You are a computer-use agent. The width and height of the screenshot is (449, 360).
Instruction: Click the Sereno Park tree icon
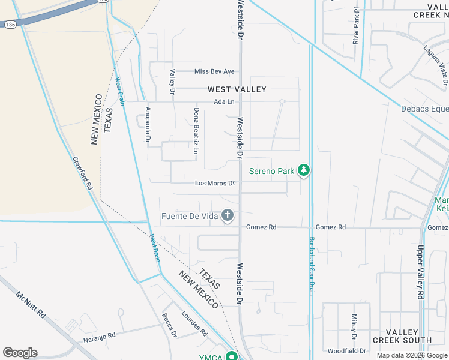pyautogui.click(x=304, y=171)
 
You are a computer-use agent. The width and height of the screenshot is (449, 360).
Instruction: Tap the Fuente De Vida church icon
pyautogui.click(x=228, y=215)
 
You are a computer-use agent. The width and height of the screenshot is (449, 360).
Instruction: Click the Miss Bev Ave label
pyautogui.click(x=214, y=71)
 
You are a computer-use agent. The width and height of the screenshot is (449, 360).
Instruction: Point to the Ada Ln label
pyautogui.click(x=224, y=101)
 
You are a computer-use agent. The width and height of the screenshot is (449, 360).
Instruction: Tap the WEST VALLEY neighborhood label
pyautogui.click(x=237, y=89)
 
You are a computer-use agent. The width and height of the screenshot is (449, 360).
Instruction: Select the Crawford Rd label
pyautogui.click(x=82, y=173)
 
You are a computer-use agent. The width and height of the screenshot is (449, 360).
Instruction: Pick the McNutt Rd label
pyautogui.click(x=31, y=305)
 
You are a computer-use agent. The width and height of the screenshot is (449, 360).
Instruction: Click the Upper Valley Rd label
pyautogui.click(x=420, y=272)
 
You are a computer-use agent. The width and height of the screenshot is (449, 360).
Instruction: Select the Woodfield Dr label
pyautogui.click(x=346, y=350)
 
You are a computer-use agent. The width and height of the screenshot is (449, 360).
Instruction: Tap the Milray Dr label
pyautogui.click(x=355, y=325)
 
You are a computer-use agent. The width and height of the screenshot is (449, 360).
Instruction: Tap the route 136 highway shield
pyautogui.click(x=10, y=25)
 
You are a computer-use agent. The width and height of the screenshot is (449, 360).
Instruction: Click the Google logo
pyautogui.click(x=20, y=352)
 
